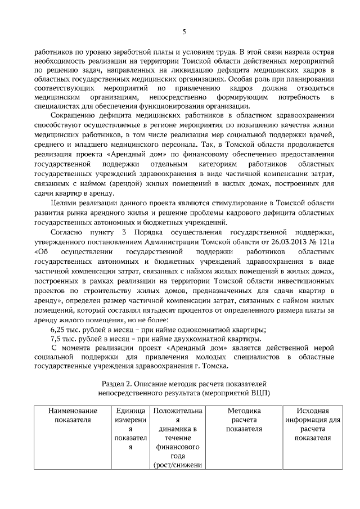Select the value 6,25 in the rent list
(x=58, y=329)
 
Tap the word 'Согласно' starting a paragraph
(x=66, y=232)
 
